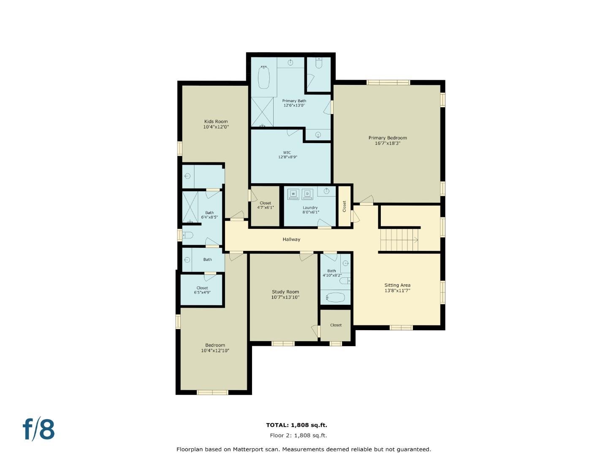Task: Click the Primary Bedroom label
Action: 387,138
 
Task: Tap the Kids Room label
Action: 216,122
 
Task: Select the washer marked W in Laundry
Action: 293,194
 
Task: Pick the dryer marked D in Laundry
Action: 307,194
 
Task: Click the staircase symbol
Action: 399,240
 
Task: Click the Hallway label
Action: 291,239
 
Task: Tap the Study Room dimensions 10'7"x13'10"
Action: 285,298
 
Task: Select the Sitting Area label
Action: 397,285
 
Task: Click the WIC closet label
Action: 287,153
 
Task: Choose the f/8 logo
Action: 39,429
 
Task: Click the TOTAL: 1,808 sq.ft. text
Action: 296,425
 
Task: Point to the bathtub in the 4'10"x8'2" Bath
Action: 336,297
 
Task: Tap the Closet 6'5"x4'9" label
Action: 202,290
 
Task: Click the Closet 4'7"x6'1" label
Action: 266,205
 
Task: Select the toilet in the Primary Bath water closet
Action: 319,63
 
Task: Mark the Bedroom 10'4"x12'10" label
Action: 215,347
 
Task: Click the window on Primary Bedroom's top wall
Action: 388,82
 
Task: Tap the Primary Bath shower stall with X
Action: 262,112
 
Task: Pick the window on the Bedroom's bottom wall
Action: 212,392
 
